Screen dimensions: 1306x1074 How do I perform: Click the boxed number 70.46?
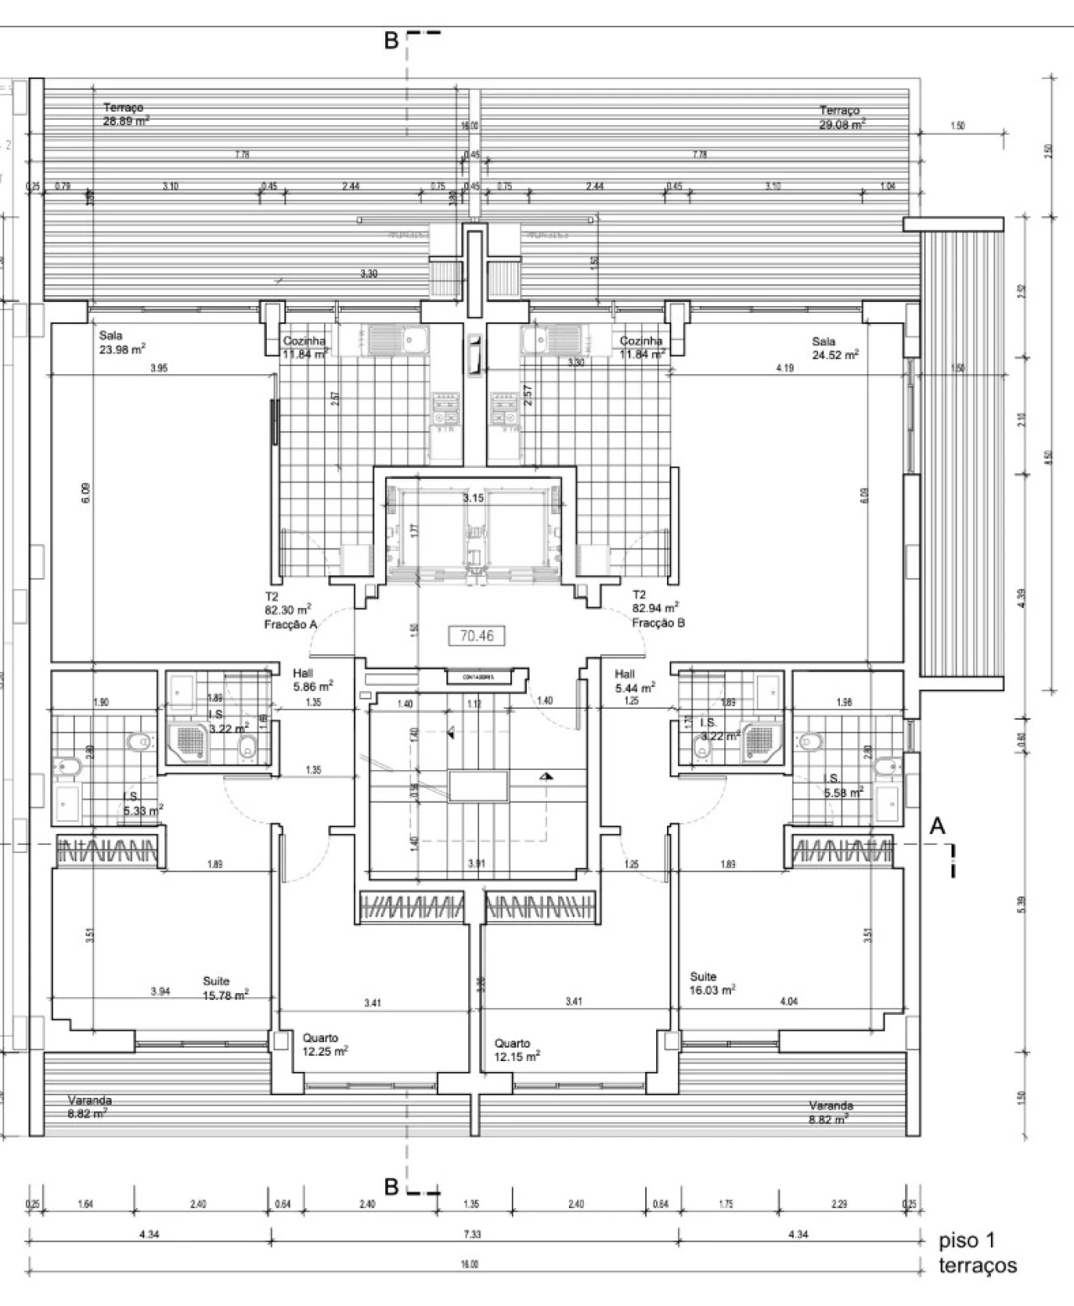coord(477,636)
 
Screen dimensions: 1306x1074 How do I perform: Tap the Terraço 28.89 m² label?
coord(126,114)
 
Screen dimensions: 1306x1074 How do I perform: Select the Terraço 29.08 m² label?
coord(842,117)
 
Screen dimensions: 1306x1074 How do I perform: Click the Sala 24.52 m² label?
coord(835,348)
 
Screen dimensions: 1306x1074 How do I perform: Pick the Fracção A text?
coord(290,625)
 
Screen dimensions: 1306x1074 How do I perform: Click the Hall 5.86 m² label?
coord(313,679)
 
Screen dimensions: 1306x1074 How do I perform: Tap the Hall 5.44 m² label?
coord(634,680)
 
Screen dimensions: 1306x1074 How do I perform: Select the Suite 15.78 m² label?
coord(225,988)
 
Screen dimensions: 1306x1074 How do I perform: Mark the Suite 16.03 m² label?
coord(712,983)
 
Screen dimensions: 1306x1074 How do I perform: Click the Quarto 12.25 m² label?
coord(326,1044)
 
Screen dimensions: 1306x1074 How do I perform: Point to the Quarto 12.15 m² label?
coord(517,1050)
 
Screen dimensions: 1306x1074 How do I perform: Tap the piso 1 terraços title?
coord(977,1253)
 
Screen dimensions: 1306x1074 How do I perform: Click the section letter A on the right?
coord(937,826)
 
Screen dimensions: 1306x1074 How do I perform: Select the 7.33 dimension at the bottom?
coord(473,1234)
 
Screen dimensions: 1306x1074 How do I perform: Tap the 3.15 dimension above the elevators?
coord(473,498)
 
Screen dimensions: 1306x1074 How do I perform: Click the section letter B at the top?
coord(391,40)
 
